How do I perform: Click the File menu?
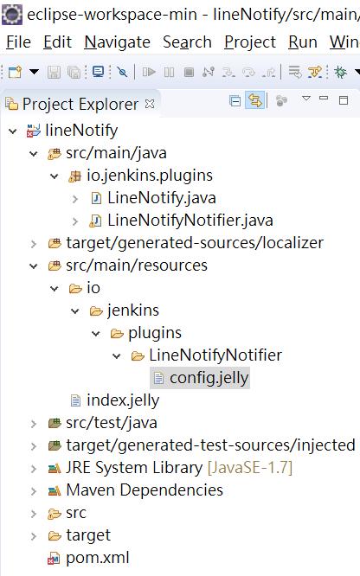coord(18,42)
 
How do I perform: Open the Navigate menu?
coord(118,42)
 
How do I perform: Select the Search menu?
coord(187,42)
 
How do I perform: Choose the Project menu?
coord(250,42)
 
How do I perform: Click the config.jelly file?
coord(209,378)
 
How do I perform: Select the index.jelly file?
coord(123,400)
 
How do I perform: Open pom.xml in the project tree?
coord(98,558)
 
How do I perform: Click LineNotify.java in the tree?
coord(162,198)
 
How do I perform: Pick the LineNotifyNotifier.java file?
coord(190,221)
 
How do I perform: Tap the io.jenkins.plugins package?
coord(150,176)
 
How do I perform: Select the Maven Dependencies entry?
coord(145,490)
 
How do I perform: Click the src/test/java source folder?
coord(112,423)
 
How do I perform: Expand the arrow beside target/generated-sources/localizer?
coord(34,244)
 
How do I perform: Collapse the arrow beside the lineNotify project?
coord(13,131)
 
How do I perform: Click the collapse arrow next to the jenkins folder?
coord(75,311)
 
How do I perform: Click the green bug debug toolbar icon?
coord(340,72)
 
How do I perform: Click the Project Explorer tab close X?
coord(150,104)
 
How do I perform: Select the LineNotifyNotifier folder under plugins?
coord(215,355)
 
